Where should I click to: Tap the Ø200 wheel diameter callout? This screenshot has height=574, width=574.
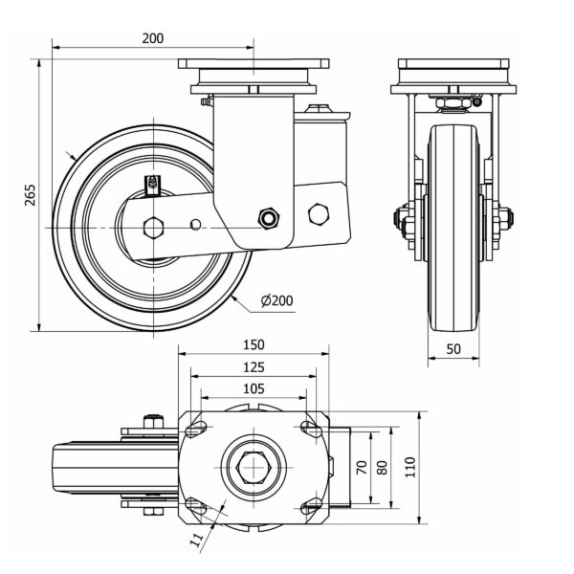[276, 300]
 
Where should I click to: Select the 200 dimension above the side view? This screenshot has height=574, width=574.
[152, 38]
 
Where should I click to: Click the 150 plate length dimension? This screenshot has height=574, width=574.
[253, 345]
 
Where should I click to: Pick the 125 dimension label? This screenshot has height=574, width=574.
[253, 367]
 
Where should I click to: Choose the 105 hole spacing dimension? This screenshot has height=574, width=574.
[253, 388]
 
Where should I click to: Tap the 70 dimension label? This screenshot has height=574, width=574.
[363, 468]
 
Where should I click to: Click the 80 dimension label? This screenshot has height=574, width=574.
[383, 468]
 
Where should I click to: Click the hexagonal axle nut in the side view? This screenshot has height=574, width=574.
[152, 227]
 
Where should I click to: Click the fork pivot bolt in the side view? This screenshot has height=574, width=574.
[269, 218]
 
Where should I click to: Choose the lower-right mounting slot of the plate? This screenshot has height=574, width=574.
[309, 506]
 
